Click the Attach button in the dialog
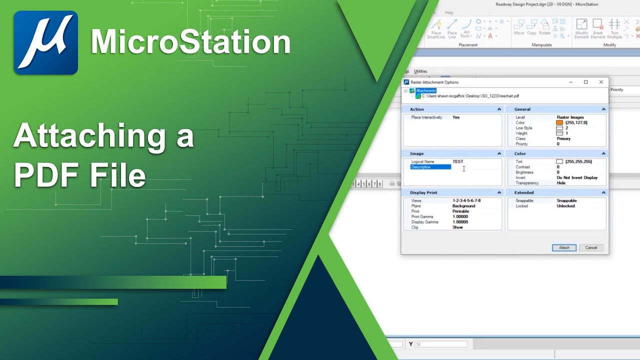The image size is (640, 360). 564,247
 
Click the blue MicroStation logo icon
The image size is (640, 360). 45,42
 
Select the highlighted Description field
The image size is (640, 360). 430,167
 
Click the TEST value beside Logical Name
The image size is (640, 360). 457,161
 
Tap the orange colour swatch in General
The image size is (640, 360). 559,122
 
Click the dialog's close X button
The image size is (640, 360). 601,82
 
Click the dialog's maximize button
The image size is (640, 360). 586,82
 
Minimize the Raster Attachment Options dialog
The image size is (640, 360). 571,82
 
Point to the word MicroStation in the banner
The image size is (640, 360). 190,42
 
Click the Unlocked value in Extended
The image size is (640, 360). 566,206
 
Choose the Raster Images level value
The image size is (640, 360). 570,117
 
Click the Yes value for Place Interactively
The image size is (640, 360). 455,117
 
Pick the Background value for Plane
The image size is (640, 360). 463,206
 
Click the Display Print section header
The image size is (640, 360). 423,192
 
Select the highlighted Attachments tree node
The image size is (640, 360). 425,90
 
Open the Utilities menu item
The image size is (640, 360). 420,71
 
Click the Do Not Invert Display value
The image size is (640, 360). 577,177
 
